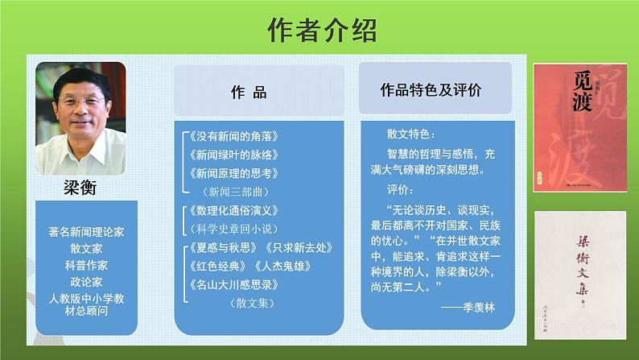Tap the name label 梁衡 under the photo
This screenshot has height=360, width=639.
[80, 188]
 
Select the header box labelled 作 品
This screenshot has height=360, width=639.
[248, 92]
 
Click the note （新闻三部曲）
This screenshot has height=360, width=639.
[233, 192]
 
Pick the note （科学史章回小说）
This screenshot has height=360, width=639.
[233, 229]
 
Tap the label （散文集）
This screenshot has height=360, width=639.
[251, 303]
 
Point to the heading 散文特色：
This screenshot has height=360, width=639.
[410, 133]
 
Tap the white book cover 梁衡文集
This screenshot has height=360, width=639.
[579, 273]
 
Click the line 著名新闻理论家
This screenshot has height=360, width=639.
[86, 231]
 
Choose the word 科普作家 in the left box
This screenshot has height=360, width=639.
[86, 265]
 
